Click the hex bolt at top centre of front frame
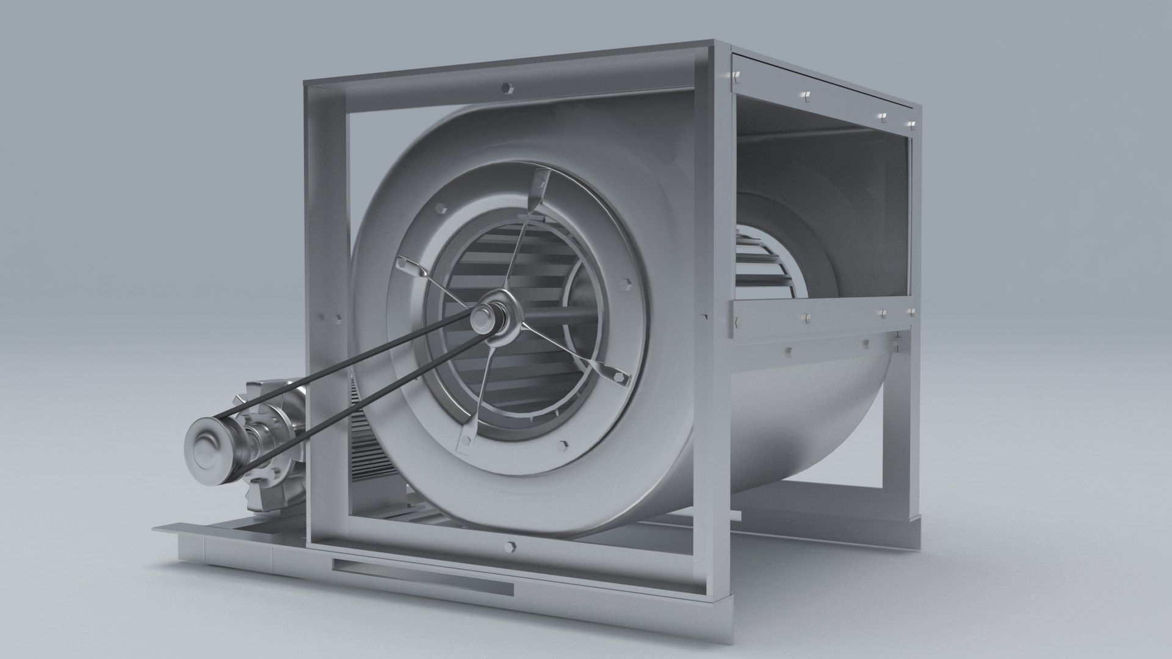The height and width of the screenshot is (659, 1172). pyautogui.click(x=508, y=88)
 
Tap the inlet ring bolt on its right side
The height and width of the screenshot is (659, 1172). pyautogui.click(x=628, y=284)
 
